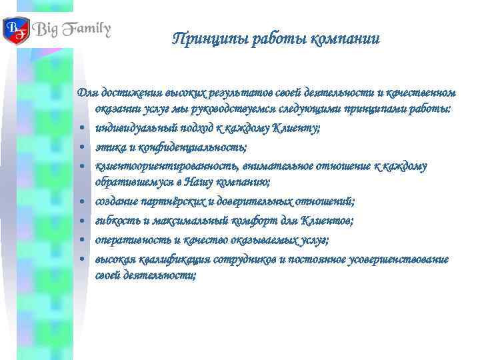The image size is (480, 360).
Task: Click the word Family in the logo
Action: (84, 31)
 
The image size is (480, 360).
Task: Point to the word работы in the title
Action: (279, 38)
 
